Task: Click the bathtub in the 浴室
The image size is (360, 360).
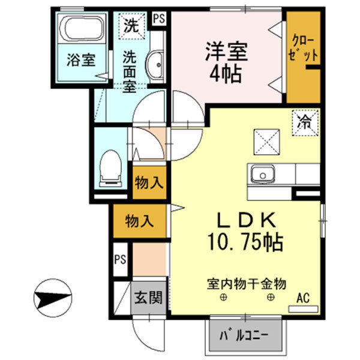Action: point(83,30)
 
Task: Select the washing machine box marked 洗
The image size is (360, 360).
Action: point(130,26)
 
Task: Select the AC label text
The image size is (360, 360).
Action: point(303,296)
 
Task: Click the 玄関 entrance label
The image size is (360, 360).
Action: point(147,297)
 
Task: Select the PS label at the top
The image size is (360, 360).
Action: point(159,17)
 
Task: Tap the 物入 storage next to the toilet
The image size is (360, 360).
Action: point(149,182)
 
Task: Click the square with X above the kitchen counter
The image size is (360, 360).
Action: point(266,142)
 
